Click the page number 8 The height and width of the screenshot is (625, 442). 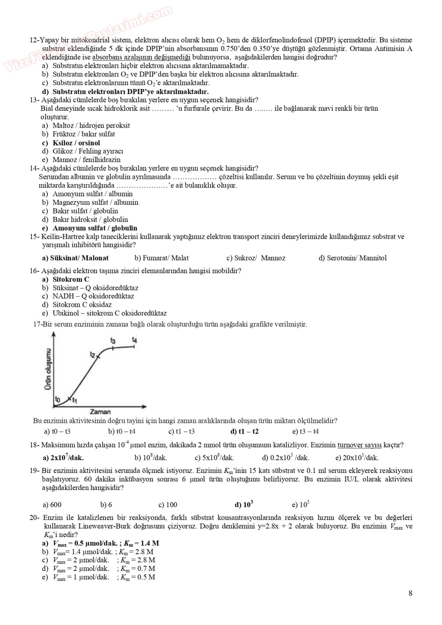(x=410, y=593)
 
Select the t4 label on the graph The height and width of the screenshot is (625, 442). (x=134, y=340)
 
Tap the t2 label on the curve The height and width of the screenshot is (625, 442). (x=93, y=355)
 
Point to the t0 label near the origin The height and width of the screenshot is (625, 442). (x=58, y=398)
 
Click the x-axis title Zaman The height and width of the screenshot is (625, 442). (x=100, y=412)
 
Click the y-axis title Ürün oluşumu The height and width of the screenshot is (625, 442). (x=48, y=369)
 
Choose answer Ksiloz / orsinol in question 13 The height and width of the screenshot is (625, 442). (x=76, y=143)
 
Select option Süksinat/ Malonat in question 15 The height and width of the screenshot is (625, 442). (x=79, y=258)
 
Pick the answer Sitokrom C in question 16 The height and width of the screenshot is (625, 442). (x=71, y=279)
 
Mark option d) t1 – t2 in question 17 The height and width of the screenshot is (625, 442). (x=245, y=432)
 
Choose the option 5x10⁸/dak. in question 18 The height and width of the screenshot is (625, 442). (x=214, y=458)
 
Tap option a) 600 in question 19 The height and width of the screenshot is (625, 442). (x=52, y=505)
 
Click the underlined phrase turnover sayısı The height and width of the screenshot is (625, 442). (x=360, y=445)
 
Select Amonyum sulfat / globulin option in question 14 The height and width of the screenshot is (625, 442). (x=94, y=228)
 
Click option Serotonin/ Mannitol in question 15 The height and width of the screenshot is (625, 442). (x=353, y=258)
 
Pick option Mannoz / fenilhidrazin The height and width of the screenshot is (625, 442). (x=86, y=160)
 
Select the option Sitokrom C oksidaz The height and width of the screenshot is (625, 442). (x=82, y=305)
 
